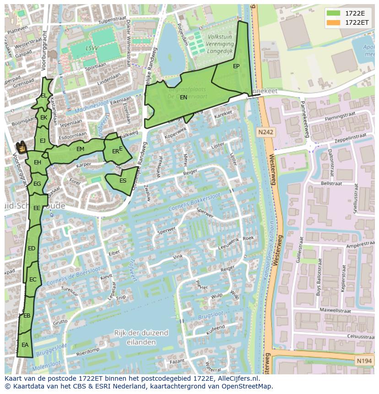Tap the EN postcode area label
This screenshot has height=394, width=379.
coord(183,97)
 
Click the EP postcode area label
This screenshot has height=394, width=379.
coord(236,66)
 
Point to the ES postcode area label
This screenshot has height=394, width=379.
coord(123,181)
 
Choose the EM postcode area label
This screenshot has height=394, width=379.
coord(80,149)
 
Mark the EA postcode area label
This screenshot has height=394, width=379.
coord(25,345)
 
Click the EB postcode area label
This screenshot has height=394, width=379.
coord(27,316)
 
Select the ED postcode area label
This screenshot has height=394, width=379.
coord(32,248)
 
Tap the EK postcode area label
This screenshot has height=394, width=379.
coord(43,118)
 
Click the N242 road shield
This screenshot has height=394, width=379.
coord(265,132)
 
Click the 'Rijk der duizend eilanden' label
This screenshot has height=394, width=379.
coord(141,337)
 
